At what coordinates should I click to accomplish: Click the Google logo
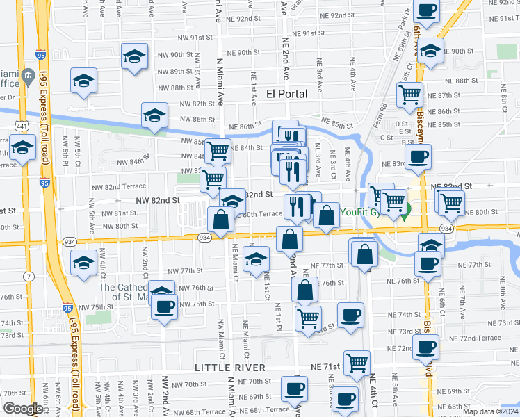tap(22, 409)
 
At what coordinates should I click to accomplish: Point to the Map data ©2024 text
tap(491, 411)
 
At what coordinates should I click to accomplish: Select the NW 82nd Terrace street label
tap(125, 187)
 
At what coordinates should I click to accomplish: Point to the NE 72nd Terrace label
tap(476, 338)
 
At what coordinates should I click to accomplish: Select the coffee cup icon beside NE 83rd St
tap(417, 157)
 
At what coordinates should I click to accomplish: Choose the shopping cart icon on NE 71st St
tap(357, 362)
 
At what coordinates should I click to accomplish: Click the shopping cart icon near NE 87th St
tap(410, 94)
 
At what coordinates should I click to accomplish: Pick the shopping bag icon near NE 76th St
tap(304, 289)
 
